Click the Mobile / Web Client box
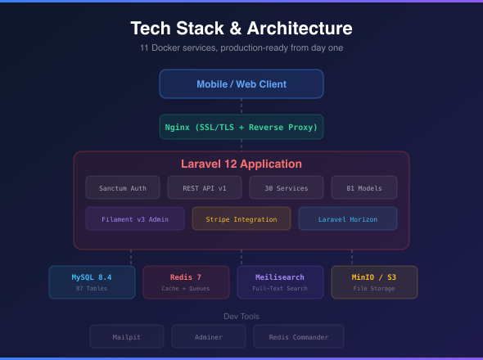pos(241,84)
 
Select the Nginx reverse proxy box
pos(241,127)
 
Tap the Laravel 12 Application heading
pos(241,164)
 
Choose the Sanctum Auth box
pos(123,188)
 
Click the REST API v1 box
pos(205,188)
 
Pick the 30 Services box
pos(287,188)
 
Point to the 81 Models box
pos(364,188)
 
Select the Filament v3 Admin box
pos(135,218)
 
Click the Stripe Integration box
pos(241,218)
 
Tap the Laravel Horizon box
pos(348,218)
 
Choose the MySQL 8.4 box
pos(92,282)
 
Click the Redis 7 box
pos(186,282)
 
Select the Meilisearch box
pos(281,282)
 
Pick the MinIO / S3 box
pos(374,282)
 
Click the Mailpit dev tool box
pos(127,336)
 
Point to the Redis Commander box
pos(299,336)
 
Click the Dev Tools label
pos(241,316)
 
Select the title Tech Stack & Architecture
pos(241,29)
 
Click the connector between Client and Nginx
pos(241,106)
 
